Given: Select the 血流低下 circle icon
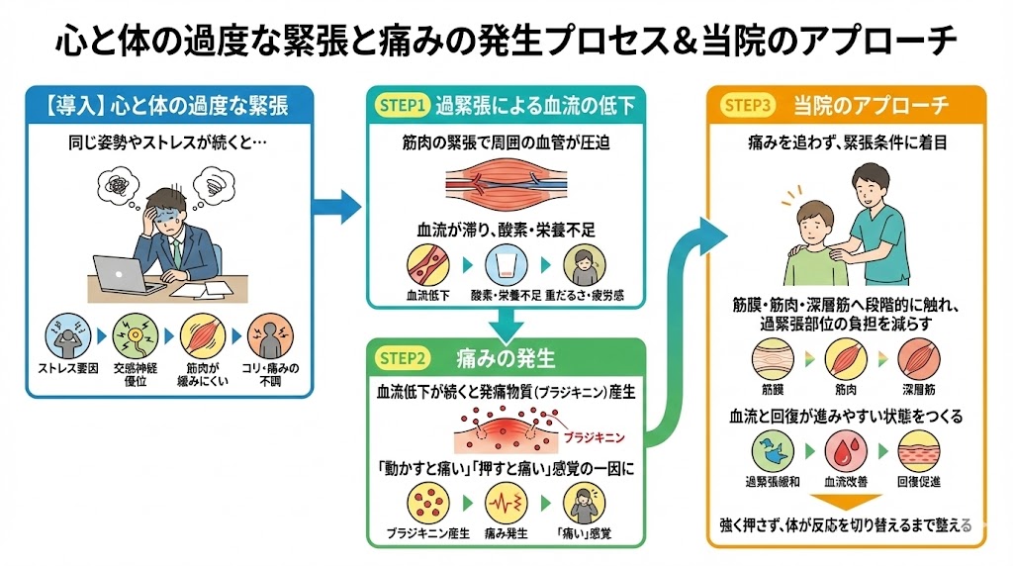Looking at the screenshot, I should tap(426, 265).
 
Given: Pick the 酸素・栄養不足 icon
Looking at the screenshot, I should tap(506, 265).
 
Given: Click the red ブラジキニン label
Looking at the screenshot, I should tap(593, 435).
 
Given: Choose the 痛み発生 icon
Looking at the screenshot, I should tap(505, 505).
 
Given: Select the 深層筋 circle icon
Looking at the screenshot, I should tap(919, 359).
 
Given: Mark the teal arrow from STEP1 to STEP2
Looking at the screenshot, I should tap(506, 322).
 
